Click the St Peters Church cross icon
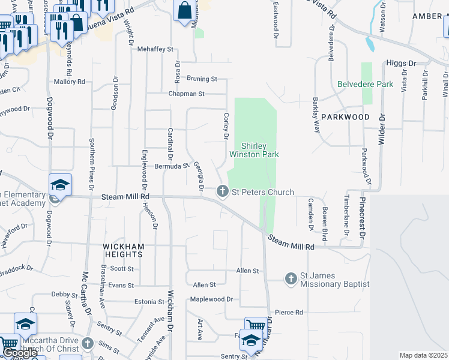[x=222, y=191]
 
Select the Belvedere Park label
[x=365, y=85]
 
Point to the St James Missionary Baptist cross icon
[x=291, y=278]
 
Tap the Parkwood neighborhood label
[x=345, y=117]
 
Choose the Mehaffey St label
[x=155, y=49]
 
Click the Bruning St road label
[x=201, y=79]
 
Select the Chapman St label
[x=187, y=94]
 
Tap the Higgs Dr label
[x=402, y=63]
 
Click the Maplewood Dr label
[x=211, y=299]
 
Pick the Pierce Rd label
[x=289, y=313]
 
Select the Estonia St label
[x=149, y=302]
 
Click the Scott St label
[x=121, y=269]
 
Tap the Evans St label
[x=121, y=286]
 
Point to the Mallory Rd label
[x=69, y=82]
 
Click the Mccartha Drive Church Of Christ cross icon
[x=88, y=343]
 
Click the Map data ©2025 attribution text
[x=423, y=355]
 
